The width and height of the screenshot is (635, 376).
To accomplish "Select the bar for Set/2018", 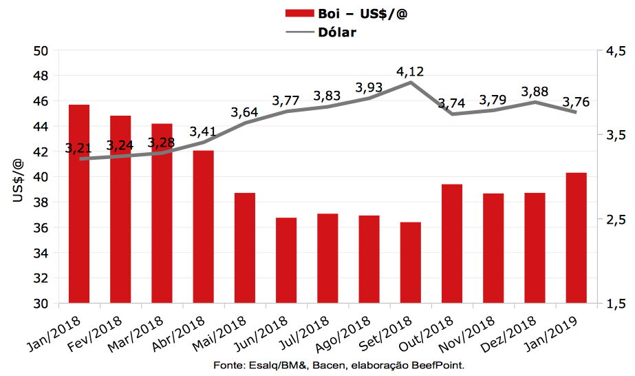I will (411, 262).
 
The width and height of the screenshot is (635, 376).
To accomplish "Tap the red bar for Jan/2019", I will (577, 238).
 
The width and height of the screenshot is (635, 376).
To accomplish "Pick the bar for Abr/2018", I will (204, 227).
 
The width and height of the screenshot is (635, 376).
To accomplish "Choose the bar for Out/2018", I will (452, 244).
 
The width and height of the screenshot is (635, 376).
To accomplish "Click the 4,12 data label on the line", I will (410, 72).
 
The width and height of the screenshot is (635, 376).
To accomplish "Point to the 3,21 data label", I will (79, 148).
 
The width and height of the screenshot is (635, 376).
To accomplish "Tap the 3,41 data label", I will (203, 131).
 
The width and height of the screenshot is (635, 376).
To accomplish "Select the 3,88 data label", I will (535, 92).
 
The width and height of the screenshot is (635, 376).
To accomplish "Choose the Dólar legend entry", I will (337, 32).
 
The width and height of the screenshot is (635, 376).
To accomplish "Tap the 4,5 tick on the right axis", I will (616, 51).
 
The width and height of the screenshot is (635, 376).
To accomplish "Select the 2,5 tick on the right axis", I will (616, 219).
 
